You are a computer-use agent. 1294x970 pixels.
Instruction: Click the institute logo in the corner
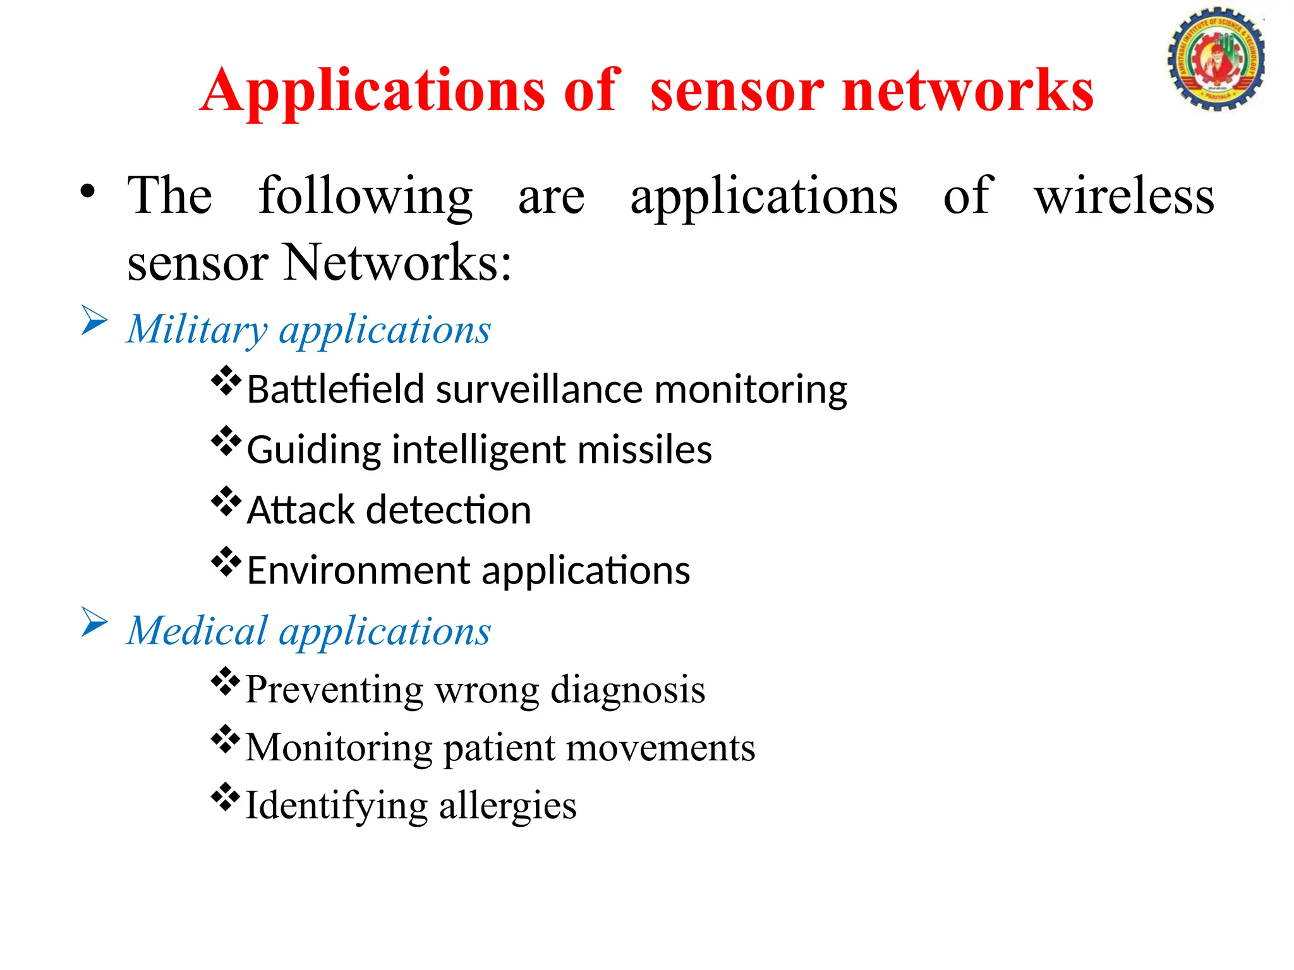click(1215, 59)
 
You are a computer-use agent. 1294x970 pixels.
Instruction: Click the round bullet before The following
click(88, 191)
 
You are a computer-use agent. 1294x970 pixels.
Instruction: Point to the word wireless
click(1123, 196)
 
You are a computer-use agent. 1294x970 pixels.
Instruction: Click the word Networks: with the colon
click(397, 263)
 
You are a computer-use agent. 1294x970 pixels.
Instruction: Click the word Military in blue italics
click(197, 330)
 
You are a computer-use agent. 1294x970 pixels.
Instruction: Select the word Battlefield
click(335, 390)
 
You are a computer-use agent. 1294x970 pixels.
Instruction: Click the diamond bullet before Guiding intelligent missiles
click(226, 442)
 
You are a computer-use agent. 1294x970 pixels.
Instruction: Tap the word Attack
click(301, 510)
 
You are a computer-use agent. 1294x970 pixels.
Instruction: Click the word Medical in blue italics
click(197, 631)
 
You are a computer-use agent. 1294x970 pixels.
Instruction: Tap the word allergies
click(507, 806)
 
